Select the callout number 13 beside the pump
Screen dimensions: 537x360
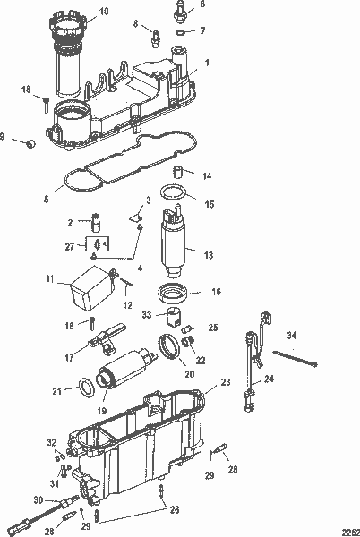(x=208, y=255)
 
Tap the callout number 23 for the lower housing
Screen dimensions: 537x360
(x=225, y=382)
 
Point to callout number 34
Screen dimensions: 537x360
(x=291, y=335)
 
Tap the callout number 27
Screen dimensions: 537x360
(x=71, y=243)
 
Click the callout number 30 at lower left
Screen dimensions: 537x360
(x=37, y=499)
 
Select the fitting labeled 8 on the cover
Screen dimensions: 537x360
(x=155, y=39)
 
